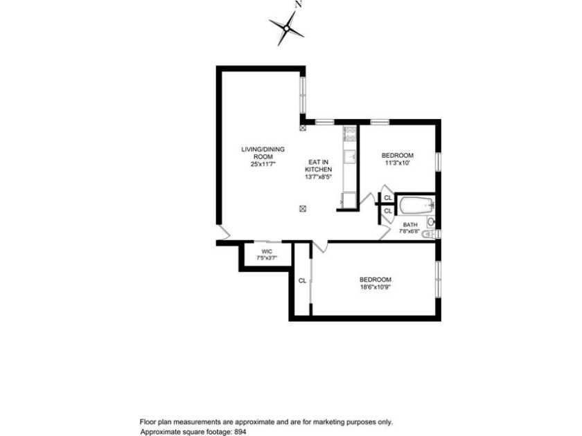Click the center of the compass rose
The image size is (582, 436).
point(287,28)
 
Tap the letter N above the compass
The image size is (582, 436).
point(298,4)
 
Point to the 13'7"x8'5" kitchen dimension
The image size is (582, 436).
point(318,177)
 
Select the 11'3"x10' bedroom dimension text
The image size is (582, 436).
point(398,163)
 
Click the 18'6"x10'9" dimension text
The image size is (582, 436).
point(376,287)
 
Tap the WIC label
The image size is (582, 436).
point(267,252)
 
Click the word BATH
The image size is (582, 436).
point(410,225)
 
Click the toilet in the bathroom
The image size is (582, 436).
point(430,235)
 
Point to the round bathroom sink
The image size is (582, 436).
point(431,222)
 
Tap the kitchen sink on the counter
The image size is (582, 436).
point(351,156)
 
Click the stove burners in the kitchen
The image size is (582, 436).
point(350,134)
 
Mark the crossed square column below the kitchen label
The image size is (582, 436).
point(303,209)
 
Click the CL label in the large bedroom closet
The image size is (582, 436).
point(303,281)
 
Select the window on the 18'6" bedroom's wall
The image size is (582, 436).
point(438,279)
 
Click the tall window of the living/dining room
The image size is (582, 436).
point(303,96)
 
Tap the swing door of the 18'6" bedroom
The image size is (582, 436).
point(320,246)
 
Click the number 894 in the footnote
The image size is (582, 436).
point(240,432)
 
